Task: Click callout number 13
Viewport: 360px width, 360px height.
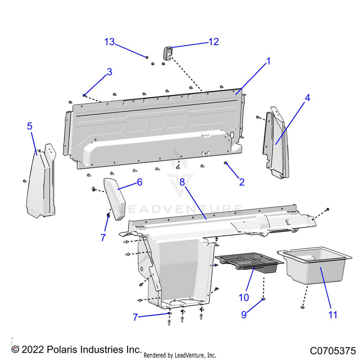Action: (x=109, y=42)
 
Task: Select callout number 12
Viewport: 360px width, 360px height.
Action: (x=213, y=42)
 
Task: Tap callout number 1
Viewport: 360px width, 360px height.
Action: (x=269, y=61)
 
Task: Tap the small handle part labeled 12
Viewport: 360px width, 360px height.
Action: (x=168, y=52)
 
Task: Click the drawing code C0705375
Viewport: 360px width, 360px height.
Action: (x=332, y=350)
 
